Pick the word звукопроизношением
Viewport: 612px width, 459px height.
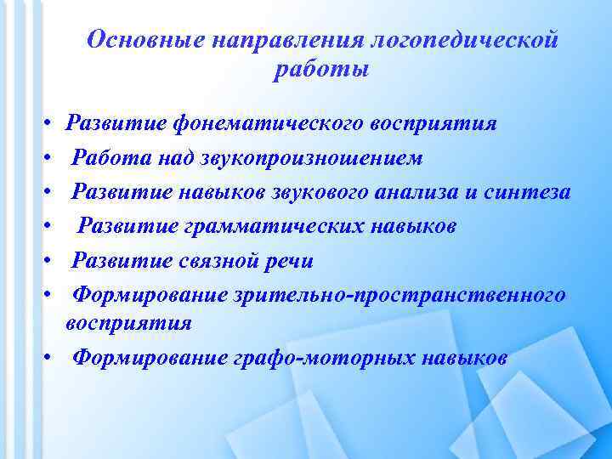point(312,158)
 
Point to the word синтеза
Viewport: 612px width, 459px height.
point(528,193)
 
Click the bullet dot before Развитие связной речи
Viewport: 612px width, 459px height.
point(52,261)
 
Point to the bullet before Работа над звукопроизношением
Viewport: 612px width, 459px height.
point(52,158)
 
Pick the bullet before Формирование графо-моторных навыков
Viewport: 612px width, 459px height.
point(52,358)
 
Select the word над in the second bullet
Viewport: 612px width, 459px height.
point(170,158)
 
